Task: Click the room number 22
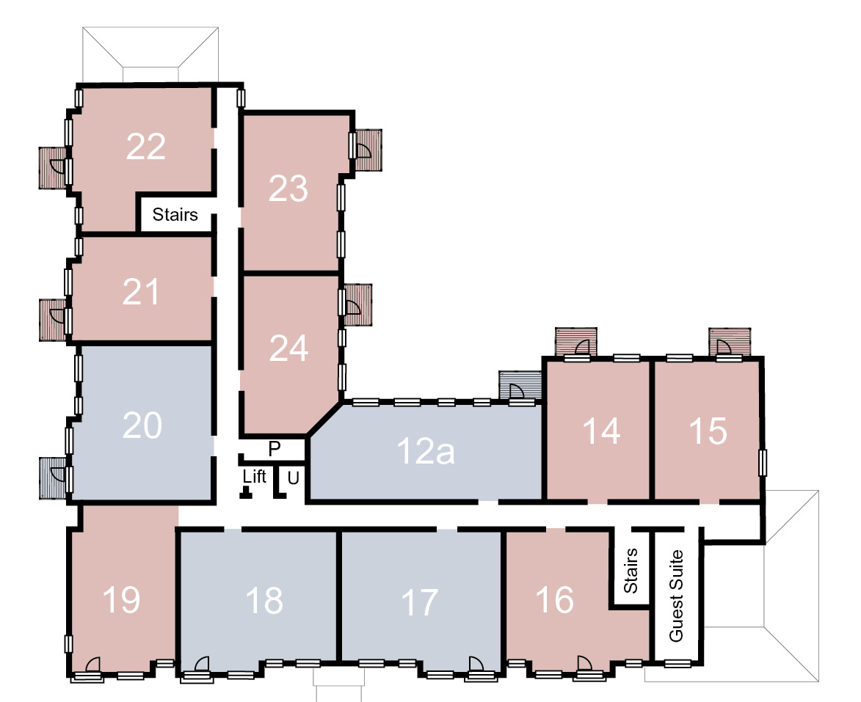(x=145, y=147)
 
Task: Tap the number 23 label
(x=288, y=189)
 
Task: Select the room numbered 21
(x=141, y=291)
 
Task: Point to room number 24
(x=288, y=348)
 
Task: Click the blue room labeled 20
(x=142, y=425)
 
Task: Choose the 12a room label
(x=426, y=451)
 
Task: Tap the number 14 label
(x=601, y=431)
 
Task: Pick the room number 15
(x=708, y=431)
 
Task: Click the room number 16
(x=555, y=599)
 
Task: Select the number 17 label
(x=420, y=602)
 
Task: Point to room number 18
(x=264, y=601)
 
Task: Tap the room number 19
(x=121, y=599)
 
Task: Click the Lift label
(x=254, y=476)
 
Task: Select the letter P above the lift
(x=275, y=449)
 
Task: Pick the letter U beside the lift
(x=293, y=478)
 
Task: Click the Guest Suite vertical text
(x=676, y=596)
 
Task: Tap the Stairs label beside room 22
(x=175, y=214)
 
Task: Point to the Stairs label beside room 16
(x=631, y=570)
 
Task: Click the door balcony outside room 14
(x=576, y=342)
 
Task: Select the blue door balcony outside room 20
(x=53, y=478)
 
